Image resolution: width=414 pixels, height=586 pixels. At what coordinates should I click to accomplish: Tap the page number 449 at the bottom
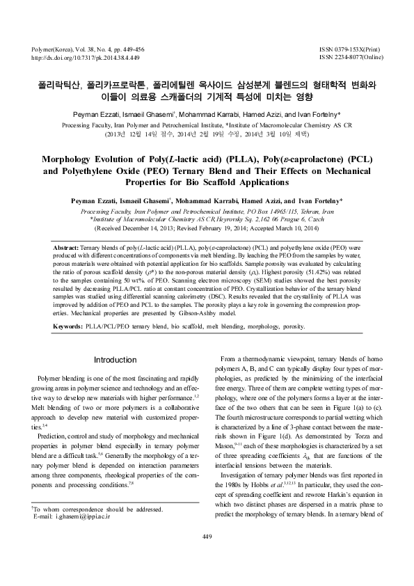click(x=207, y=555)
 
